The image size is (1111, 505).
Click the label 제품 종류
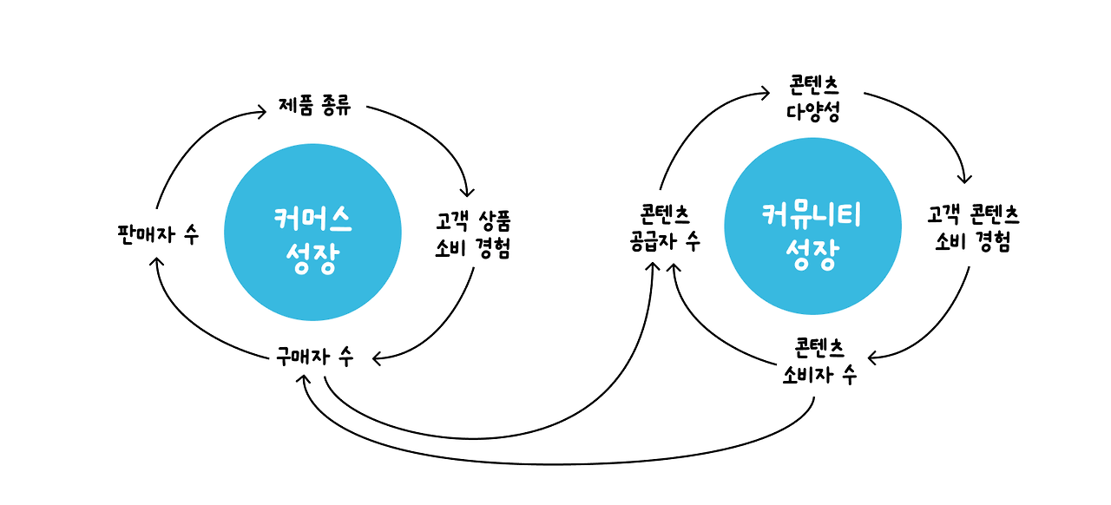315,107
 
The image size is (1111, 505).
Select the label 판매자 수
157,234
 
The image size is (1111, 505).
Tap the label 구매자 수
314,357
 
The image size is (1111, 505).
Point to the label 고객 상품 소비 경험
472,234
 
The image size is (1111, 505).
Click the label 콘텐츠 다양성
813,98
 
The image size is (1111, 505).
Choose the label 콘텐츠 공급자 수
665,228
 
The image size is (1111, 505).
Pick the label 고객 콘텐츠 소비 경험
972,228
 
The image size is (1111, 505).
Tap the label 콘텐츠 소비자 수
819,362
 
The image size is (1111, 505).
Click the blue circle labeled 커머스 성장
312,233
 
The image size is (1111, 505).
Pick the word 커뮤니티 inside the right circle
812,213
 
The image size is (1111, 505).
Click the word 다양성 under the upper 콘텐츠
813,112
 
